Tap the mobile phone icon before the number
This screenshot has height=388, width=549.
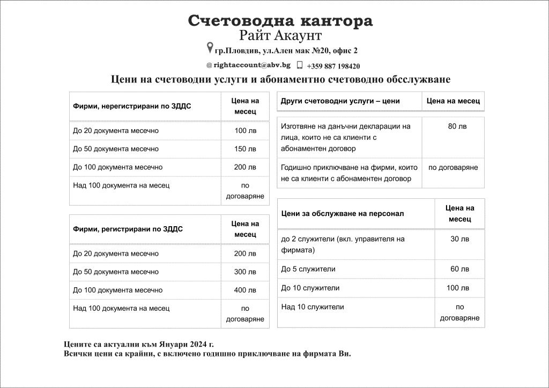(300, 65)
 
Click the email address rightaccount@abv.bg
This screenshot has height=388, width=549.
(251, 65)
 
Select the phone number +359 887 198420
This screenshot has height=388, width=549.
(333, 66)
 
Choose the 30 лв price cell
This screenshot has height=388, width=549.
(459, 239)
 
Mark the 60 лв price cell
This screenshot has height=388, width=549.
(459, 269)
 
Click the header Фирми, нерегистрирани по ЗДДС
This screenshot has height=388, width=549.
(132, 106)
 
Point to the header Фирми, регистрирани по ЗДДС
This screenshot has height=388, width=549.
(128, 229)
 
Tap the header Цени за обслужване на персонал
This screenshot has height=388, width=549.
(342, 213)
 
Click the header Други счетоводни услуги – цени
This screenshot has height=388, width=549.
(340, 101)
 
